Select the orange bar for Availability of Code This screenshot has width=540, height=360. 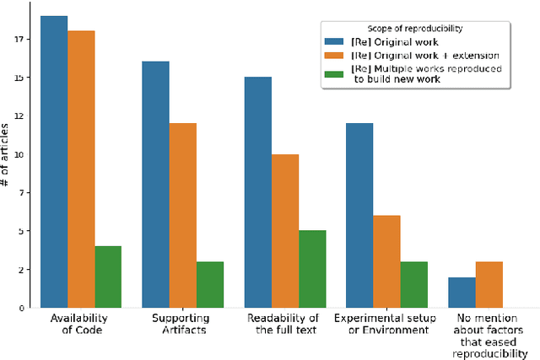tap(81, 169)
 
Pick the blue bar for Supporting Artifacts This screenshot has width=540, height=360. tap(155, 185)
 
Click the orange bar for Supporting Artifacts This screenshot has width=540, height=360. tap(182, 215)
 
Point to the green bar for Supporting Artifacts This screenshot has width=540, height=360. tap(210, 284)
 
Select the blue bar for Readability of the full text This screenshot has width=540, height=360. tap(258, 192)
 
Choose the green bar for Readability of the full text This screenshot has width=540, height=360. tap(312, 269)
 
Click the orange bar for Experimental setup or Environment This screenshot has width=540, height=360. tap(386, 261)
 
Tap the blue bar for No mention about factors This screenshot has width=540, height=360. tap(462, 292)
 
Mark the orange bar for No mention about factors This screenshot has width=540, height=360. tap(489, 284)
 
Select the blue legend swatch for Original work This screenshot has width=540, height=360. tap(336, 42)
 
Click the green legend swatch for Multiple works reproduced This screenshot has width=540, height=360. tap(336, 73)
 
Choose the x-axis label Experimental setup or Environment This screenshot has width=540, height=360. tap(386, 324)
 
